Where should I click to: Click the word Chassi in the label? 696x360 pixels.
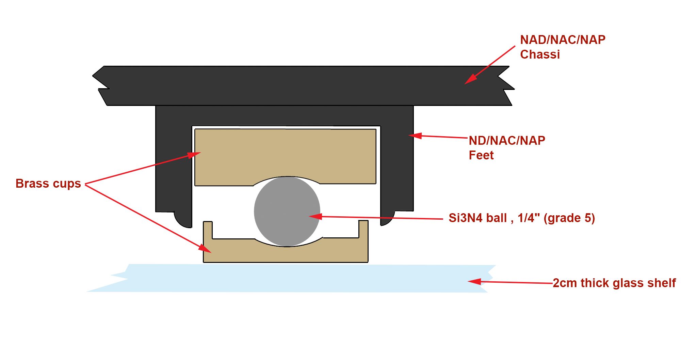pos(540,54)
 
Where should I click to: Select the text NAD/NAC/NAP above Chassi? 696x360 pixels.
pos(563,40)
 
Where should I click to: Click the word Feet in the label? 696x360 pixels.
pos(481,155)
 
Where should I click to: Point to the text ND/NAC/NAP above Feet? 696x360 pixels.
pos(507,141)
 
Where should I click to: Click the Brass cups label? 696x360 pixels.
pos(48,184)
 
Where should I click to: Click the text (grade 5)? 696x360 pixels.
pos(569,218)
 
